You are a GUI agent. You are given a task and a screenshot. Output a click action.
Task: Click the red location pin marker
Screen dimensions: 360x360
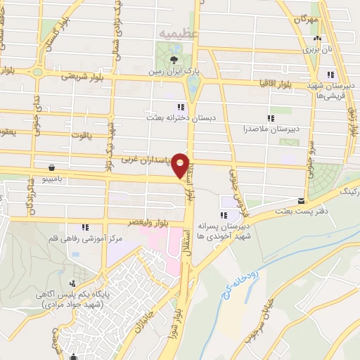point(181,165)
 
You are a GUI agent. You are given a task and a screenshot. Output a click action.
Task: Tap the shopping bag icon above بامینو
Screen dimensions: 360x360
point(52,167)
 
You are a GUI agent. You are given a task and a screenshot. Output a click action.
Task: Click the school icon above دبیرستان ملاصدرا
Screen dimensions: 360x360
point(271,118)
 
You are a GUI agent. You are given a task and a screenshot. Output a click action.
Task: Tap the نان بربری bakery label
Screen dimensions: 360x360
point(316,50)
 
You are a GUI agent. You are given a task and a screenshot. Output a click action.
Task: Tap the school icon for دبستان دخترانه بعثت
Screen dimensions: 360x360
point(181,107)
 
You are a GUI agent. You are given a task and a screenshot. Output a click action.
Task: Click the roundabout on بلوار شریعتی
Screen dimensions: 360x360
point(37,71)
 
